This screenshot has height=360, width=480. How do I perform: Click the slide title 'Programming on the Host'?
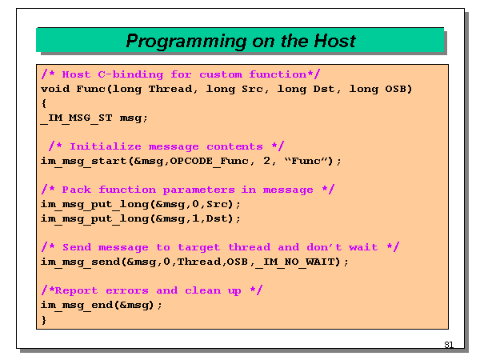240,41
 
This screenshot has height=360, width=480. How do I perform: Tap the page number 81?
448,345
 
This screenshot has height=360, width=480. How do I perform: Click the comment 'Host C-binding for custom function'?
181,74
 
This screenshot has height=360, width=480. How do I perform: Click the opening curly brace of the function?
44,103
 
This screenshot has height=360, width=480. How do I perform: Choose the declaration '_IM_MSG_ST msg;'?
94,118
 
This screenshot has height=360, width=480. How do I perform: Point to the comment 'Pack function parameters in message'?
187,190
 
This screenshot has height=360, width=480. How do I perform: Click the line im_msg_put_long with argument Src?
141,204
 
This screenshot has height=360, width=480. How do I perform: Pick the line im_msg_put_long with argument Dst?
141,218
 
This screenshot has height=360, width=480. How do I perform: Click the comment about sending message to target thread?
220,247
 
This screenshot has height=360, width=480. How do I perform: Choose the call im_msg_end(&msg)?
102,305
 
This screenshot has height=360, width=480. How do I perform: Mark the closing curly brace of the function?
44,319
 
